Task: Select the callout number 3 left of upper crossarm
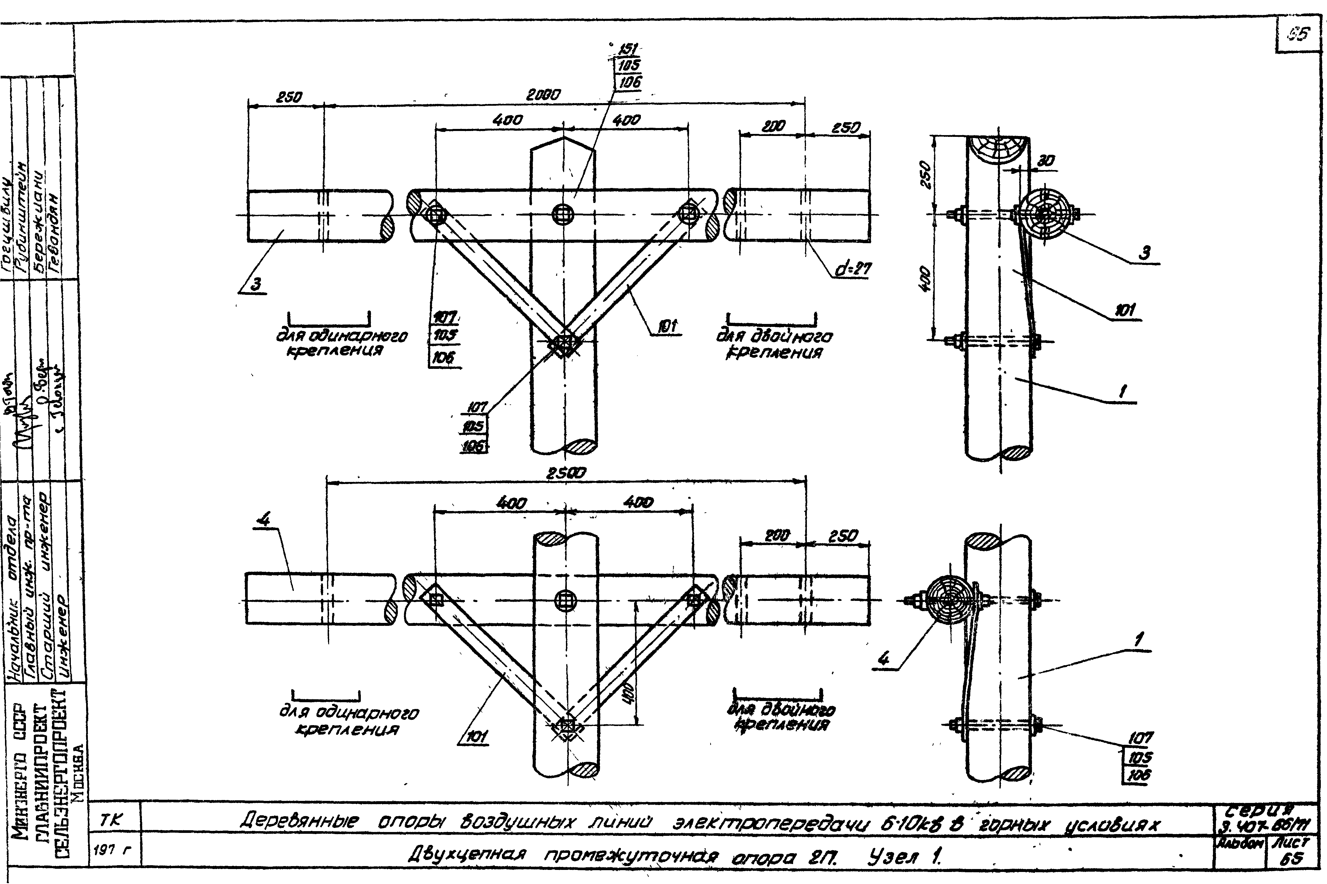point(256,285)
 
